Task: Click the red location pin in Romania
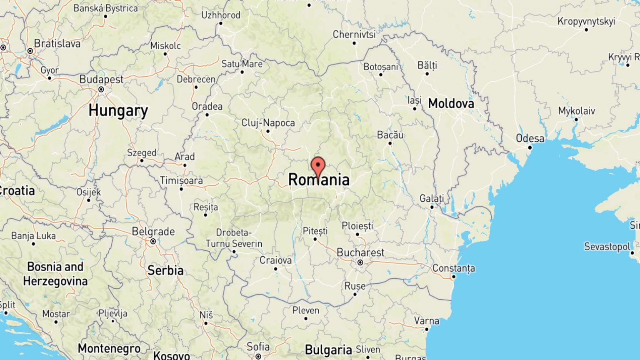318,167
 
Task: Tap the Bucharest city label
360,252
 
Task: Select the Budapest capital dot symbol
101,89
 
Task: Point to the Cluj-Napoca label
268,123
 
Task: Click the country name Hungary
118,110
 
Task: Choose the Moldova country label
451,103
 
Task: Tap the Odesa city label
530,138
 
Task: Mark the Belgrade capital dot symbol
153,241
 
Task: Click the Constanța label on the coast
453,268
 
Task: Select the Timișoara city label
181,180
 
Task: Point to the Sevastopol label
607,247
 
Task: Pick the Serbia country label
165,270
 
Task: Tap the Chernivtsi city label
354,34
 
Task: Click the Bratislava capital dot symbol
30,51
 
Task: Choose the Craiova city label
275,260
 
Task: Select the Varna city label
426,321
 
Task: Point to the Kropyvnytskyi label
586,21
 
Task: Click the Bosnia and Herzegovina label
55,273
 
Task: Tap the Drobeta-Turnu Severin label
234,238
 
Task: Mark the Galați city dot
432,207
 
